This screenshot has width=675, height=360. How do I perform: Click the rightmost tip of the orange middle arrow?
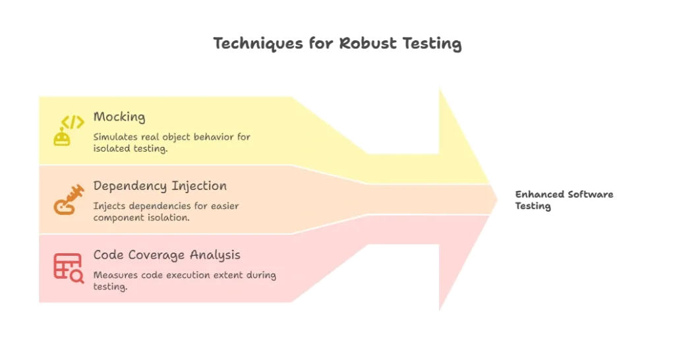point(498,199)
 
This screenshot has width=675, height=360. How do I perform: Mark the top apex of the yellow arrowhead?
point(440,88)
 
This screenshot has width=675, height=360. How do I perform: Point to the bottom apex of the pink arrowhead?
point(440,311)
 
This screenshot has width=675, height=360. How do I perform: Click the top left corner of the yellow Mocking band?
point(39,97)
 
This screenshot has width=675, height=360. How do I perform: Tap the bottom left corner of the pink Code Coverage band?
point(39,302)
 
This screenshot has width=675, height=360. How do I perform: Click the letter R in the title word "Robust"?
point(345,44)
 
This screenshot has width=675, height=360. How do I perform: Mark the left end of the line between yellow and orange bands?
point(39,165)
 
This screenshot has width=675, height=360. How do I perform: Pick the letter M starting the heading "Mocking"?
point(99,117)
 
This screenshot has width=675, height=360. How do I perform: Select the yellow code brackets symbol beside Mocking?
point(73,122)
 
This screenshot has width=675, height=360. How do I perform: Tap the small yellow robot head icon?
point(62,138)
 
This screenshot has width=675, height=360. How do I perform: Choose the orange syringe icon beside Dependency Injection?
point(69,199)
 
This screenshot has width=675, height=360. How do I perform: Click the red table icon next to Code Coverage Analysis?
point(69,268)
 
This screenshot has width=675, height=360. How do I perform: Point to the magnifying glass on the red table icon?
point(77,276)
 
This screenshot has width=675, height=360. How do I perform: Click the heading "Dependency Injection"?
point(160,186)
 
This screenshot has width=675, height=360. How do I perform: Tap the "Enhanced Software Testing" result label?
point(564,200)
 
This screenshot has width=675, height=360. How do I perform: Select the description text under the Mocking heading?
point(172,142)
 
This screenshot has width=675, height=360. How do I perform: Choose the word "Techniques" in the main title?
point(258,44)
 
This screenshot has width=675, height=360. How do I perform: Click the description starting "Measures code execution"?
point(185,281)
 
